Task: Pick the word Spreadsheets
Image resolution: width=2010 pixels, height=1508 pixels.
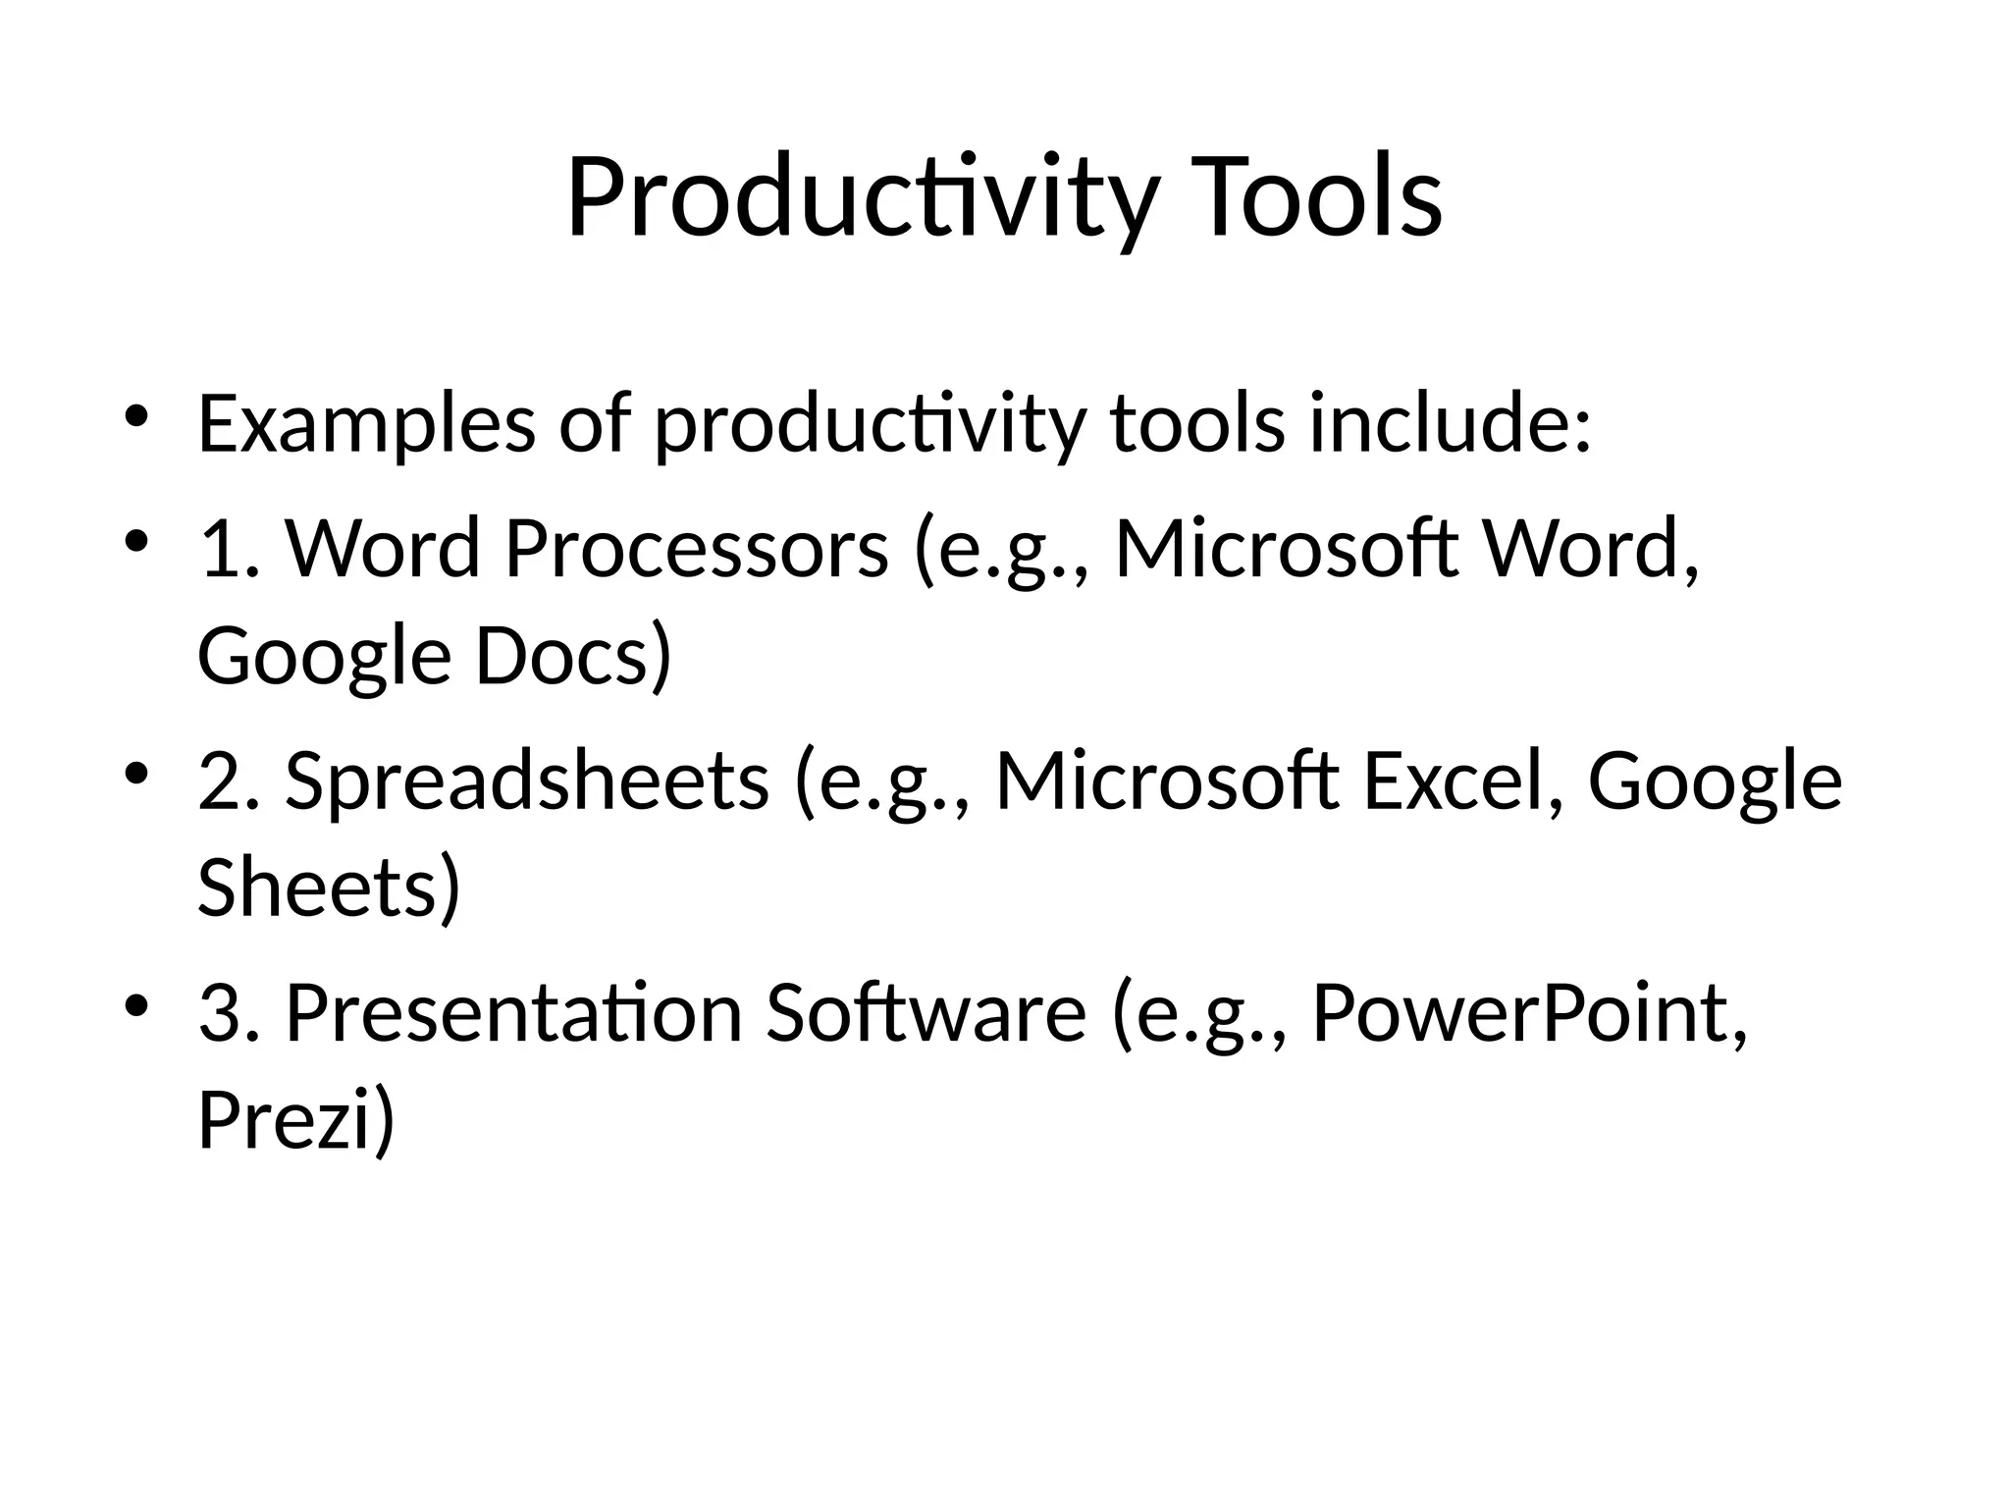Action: (x=527, y=781)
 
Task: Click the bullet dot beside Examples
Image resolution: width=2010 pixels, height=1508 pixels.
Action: (x=136, y=416)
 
